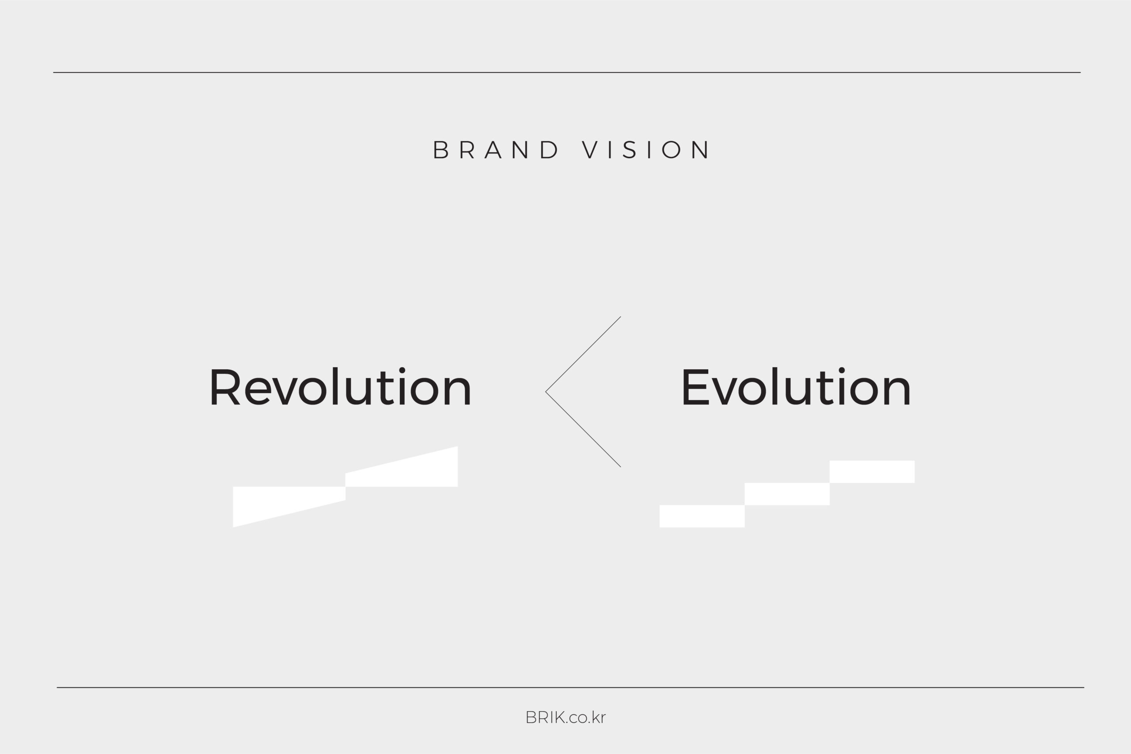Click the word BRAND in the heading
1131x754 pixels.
[496, 150]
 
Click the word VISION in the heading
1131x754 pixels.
[645, 150]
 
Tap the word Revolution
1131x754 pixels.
[340, 387]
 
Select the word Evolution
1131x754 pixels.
[796, 387]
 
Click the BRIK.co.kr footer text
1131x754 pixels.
[565, 717]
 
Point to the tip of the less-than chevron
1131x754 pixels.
[546, 392]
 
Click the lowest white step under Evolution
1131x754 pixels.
[702, 516]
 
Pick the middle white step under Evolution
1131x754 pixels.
[787, 494]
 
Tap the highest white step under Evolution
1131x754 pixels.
[872, 472]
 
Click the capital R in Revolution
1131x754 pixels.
[225, 387]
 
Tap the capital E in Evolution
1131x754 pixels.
[695, 387]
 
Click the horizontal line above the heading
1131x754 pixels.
[567, 72]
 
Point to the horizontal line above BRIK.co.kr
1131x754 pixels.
[571, 688]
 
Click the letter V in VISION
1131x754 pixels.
[590, 150]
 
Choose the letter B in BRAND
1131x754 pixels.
[441, 150]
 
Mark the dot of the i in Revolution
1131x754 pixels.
[402, 370]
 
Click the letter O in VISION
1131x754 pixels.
[671, 150]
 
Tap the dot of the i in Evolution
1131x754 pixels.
[842, 370]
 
